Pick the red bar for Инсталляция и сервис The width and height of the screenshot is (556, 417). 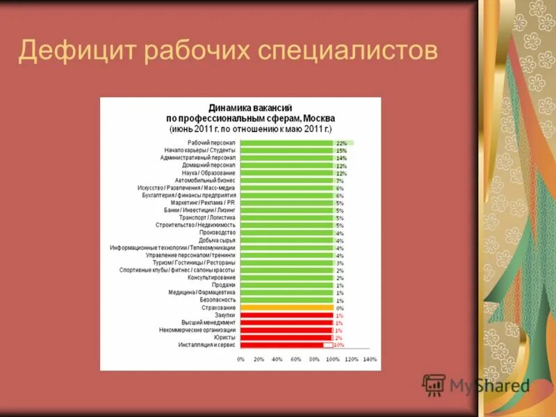[x=281, y=345]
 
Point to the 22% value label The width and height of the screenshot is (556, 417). [x=341, y=142]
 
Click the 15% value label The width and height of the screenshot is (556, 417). [x=341, y=150]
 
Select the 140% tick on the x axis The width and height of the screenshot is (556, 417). [x=370, y=359]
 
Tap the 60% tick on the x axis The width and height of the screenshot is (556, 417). [x=296, y=359]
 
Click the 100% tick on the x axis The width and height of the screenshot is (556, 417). [x=333, y=359]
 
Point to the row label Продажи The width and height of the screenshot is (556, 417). [x=224, y=285]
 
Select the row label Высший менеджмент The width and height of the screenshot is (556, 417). [x=208, y=322]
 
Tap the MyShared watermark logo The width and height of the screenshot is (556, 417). [x=477, y=384]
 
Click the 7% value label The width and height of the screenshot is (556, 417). [x=340, y=180]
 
